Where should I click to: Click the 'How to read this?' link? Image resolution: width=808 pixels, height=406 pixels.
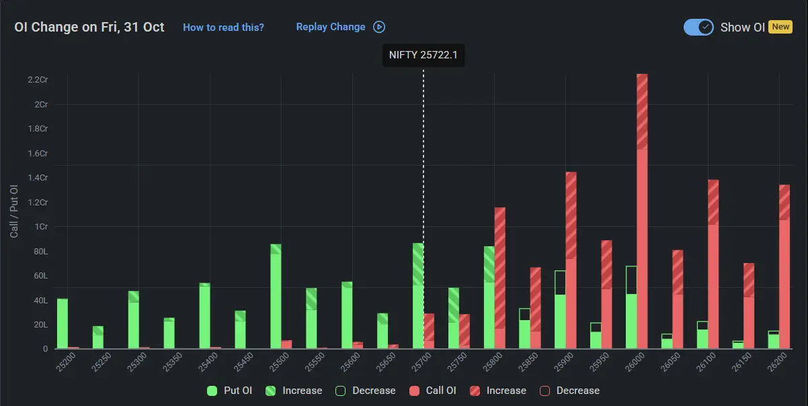(x=223, y=28)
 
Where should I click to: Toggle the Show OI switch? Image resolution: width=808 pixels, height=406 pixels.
(x=698, y=28)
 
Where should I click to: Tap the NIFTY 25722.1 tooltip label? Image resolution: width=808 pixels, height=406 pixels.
(x=423, y=55)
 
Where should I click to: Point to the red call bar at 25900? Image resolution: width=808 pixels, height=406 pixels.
(x=571, y=262)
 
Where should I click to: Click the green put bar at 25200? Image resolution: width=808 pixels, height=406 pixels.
(x=63, y=323)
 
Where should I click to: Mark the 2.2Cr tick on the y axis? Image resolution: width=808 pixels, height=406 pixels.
(x=38, y=80)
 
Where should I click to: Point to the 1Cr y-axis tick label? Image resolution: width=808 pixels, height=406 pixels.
(x=42, y=227)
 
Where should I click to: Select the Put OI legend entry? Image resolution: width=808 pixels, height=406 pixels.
(x=230, y=391)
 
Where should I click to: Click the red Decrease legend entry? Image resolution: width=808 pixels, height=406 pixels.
(x=569, y=391)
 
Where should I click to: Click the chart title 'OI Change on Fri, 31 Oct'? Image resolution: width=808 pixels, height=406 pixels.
(x=89, y=28)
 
